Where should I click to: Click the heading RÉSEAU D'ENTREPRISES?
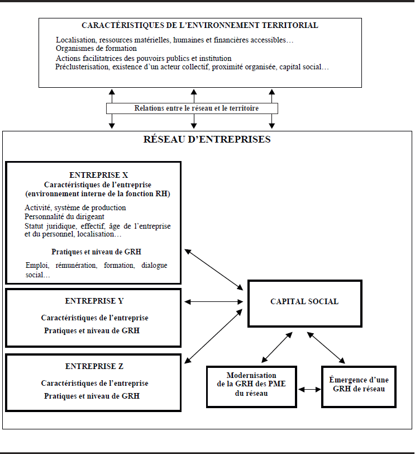(x=207, y=139)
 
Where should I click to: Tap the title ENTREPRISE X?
(x=99, y=175)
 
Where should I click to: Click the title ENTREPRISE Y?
(x=94, y=301)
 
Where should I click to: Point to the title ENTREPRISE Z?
(x=94, y=367)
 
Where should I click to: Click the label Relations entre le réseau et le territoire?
(x=197, y=108)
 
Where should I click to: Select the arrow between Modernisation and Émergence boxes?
(x=309, y=390)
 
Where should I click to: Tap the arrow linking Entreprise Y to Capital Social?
(x=214, y=302)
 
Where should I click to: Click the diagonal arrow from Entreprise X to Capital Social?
(x=214, y=269)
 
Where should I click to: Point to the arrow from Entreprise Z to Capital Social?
(x=213, y=336)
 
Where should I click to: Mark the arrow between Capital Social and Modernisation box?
(x=277, y=347)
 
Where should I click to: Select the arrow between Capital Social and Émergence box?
(x=326, y=348)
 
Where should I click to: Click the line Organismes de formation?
(x=96, y=48)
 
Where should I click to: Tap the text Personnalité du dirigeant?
(x=64, y=216)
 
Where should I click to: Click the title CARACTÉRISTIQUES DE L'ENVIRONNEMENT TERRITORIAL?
(x=200, y=26)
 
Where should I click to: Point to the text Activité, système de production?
(x=75, y=208)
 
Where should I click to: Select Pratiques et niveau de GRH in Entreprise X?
(x=96, y=252)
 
